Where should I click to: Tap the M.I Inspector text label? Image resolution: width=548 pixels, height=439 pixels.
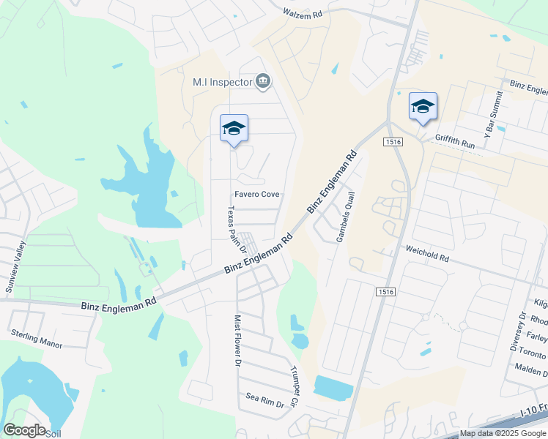(x=222, y=83)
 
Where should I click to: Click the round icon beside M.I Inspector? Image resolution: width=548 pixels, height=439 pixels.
(x=263, y=81)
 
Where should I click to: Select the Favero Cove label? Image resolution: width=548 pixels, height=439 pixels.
(x=256, y=195)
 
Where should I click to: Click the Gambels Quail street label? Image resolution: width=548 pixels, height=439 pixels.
(x=345, y=217)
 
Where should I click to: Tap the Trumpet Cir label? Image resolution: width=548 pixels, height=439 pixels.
(x=295, y=386)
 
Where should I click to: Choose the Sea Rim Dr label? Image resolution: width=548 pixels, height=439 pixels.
(x=264, y=398)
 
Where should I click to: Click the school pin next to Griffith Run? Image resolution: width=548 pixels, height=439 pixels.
(x=423, y=107)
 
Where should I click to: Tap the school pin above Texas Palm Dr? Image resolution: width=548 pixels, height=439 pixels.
(x=234, y=129)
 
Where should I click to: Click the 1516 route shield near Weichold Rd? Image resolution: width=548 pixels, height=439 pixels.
(x=387, y=292)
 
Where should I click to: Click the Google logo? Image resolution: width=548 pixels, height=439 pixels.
(x=24, y=430)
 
